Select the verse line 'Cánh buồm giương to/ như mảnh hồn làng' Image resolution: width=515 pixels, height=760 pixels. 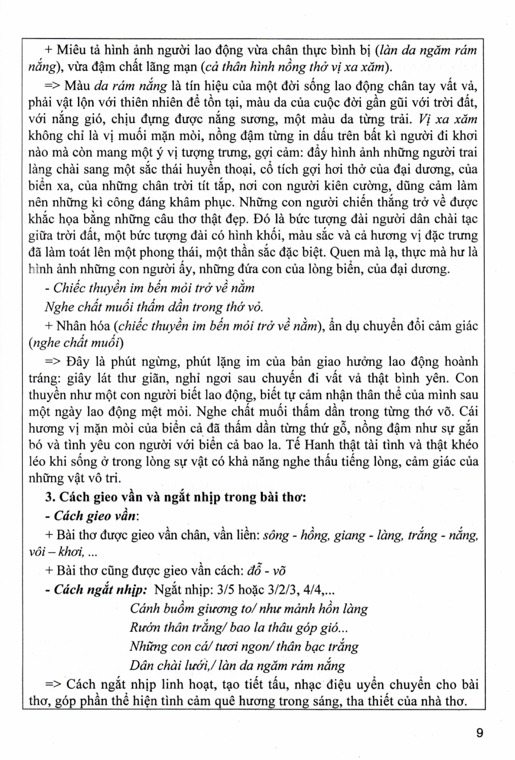249,609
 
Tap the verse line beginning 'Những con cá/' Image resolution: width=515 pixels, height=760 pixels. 244,647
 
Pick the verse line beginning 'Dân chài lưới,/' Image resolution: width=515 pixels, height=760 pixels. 237,665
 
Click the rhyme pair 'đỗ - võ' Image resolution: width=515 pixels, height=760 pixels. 266,571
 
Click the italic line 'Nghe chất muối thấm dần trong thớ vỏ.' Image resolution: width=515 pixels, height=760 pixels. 154,307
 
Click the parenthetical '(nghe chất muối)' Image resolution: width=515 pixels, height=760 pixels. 76,343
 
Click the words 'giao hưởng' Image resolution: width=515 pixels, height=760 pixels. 335,362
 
